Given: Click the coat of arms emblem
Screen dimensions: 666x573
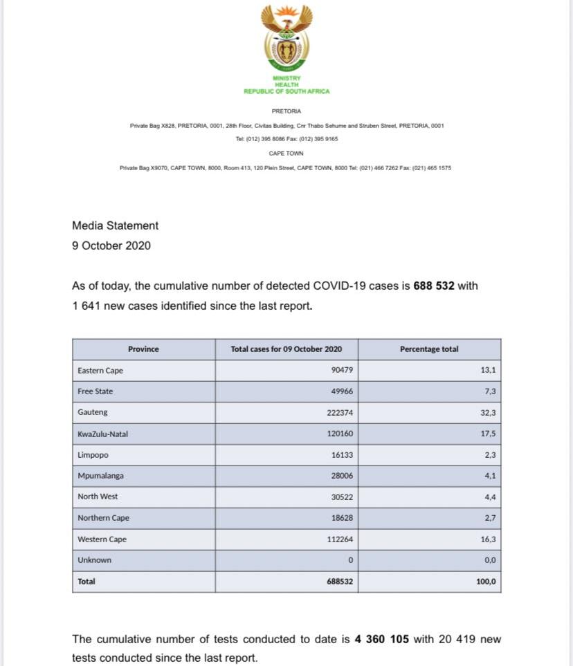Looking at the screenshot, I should pos(286,38).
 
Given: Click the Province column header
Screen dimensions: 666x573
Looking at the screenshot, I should pos(143,349).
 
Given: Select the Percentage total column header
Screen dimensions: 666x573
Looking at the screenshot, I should pos(429,349).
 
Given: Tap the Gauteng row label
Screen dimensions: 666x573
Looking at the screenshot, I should pos(92,412).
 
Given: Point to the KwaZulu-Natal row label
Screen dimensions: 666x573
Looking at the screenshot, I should pos(102,434).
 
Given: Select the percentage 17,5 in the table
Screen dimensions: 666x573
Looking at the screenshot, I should pos(488,434).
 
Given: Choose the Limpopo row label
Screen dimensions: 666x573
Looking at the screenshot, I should pos(93,455).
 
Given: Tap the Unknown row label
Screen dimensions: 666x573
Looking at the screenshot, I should pos(94,560).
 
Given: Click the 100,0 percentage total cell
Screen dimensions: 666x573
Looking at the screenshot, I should pos(486,582).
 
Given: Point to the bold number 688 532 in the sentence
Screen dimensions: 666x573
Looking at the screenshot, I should pos(434,286).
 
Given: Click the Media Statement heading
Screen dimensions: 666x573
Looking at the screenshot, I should pos(115,225).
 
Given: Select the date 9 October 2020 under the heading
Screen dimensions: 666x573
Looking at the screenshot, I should pos(111,246).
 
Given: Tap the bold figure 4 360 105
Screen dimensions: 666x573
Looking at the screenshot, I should pos(382,640).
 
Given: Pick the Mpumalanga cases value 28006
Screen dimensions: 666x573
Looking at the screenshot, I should pos(340,477).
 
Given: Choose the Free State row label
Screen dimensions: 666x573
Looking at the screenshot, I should pos(95,391).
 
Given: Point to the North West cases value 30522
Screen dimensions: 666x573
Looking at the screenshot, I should pos(340,497).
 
